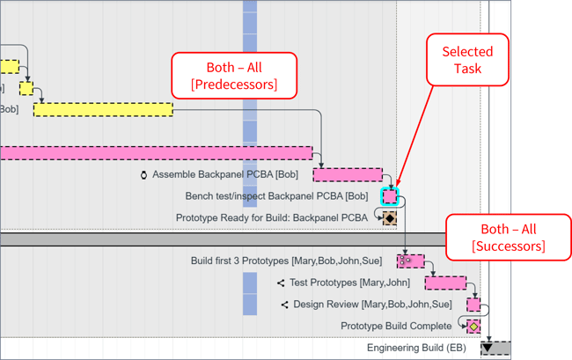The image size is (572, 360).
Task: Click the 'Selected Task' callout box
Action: click(x=467, y=60)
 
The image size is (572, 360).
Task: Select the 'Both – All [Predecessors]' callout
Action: click(x=234, y=76)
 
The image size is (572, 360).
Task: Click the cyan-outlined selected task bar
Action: click(x=390, y=196)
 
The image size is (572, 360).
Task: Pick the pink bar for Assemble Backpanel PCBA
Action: click(x=348, y=175)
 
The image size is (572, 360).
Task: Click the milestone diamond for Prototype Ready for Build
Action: click(x=389, y=217)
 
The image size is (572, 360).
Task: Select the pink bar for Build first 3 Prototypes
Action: click(x=410, y=261)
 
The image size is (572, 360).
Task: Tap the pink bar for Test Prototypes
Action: click(x=445, y=283)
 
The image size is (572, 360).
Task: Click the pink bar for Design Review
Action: click(x=473, y=305)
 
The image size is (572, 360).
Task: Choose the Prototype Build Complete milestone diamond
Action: click(x=473, y=327)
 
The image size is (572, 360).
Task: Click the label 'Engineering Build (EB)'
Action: click(x=416, y=349)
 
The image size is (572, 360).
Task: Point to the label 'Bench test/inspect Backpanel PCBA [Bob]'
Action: click(x=276, y=196)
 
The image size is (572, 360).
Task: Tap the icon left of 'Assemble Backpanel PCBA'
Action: click(x=143, y=175)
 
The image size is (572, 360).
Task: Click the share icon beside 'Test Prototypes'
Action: click(x=281, y=283)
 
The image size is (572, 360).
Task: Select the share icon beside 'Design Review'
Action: click(x=284, y=305)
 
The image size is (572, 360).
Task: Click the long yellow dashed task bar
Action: click(x=103, y=109)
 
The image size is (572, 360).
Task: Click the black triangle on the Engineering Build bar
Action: click(x=487, y=349)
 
